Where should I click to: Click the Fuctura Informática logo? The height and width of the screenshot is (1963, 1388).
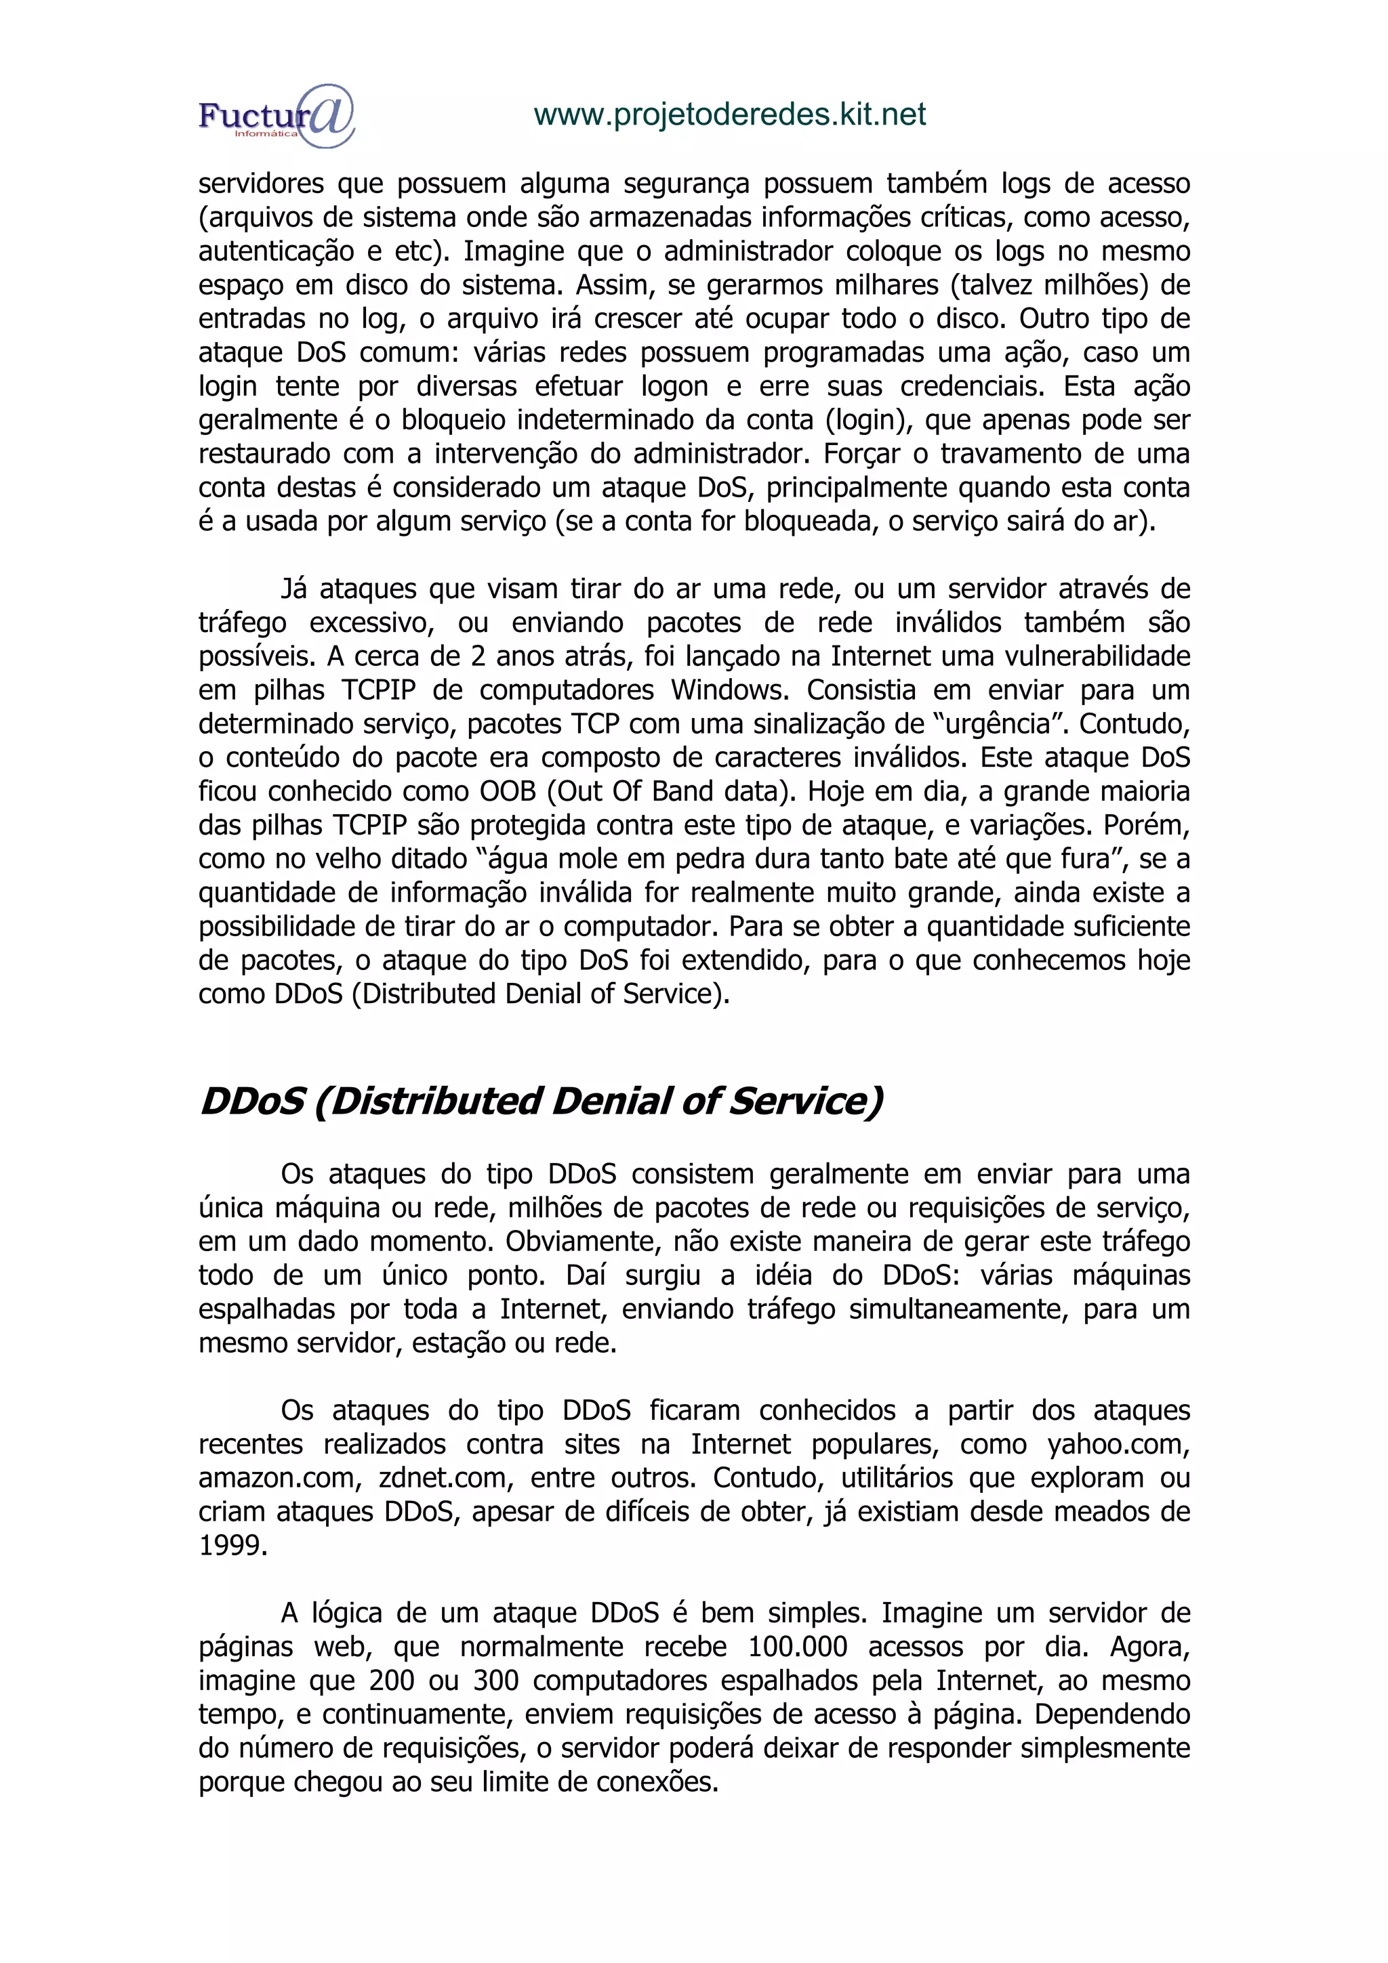point(275,115)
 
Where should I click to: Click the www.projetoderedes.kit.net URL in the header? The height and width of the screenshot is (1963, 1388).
point(729,114)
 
